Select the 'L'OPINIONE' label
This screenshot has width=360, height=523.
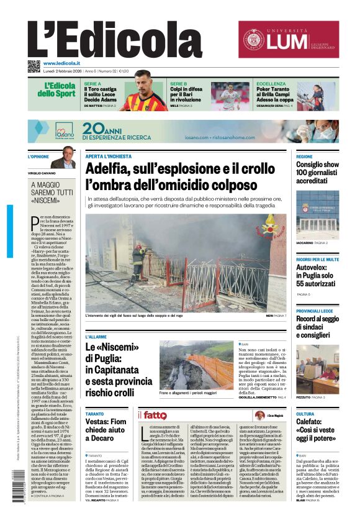coord(38,157)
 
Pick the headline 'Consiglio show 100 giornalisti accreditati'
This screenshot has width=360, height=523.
coord(317,173)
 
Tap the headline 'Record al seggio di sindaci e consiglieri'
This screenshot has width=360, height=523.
coord(317,327)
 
